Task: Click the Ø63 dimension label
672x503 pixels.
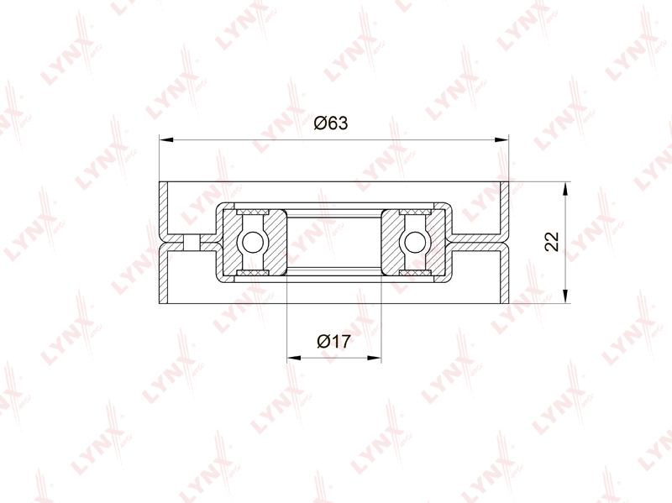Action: (331, 123)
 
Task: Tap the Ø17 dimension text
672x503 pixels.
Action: (333, 342)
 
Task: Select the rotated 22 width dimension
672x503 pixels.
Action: (552, 242)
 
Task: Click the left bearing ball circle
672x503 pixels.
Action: (253, 243)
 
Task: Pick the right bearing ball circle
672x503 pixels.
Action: (414, 243)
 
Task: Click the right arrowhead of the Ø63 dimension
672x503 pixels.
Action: (501, 139)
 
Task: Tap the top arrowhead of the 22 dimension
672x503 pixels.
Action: (565, 189)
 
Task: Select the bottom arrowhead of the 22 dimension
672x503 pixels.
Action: (565, 296)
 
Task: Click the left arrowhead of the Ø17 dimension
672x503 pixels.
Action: (294, 358)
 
